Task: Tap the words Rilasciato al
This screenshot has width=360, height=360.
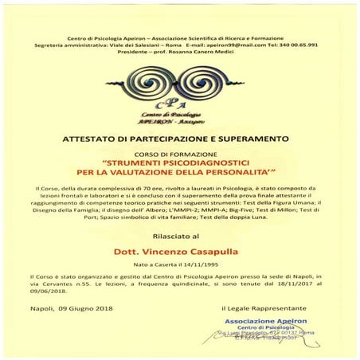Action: pos(178,237)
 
